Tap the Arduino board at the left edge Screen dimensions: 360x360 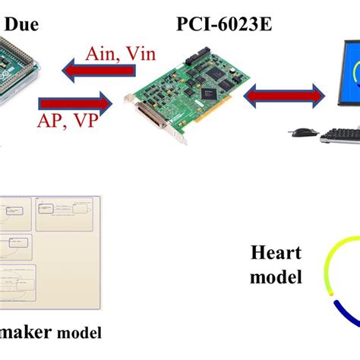coord(15,68)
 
